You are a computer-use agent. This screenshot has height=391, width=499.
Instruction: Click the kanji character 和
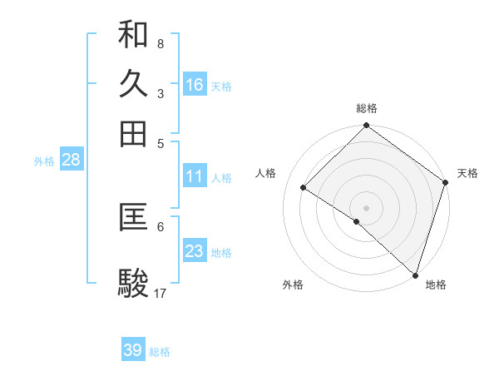click(x=133, y=35)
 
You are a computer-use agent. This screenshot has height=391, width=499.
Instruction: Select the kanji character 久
click(x=133, y=84)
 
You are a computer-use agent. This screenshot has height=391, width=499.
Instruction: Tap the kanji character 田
click(x=133, y=133)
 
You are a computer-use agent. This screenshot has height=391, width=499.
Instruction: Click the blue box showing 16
click(x=195, y=85)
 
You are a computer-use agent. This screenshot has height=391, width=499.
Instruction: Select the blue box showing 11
click(x=195, y=177)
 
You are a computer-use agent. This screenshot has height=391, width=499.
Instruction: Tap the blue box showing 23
click(x=195, y=251)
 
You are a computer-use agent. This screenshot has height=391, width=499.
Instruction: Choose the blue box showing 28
click(x=71, y=161)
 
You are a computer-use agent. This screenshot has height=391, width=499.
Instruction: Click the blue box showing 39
click(x=133, y=350)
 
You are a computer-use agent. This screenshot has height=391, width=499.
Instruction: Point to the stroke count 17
click(x=161, y=293)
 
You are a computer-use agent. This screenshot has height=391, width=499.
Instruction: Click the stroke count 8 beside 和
click(x=160, y=43)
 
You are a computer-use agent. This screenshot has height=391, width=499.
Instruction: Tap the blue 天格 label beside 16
click(x=221, y=86)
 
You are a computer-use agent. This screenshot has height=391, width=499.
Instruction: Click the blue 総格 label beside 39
click(x=160, y=352)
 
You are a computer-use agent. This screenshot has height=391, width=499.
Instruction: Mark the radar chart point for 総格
click(x=366, y=126)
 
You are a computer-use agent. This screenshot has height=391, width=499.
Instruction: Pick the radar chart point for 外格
click(x=357, y=221)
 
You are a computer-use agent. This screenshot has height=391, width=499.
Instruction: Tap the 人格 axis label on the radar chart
click(x=266, y=173)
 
